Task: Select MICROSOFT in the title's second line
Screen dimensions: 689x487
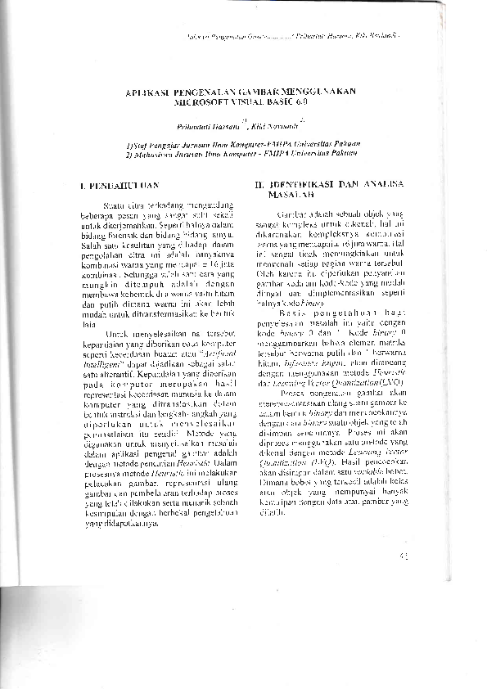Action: (x=201, y=103)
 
